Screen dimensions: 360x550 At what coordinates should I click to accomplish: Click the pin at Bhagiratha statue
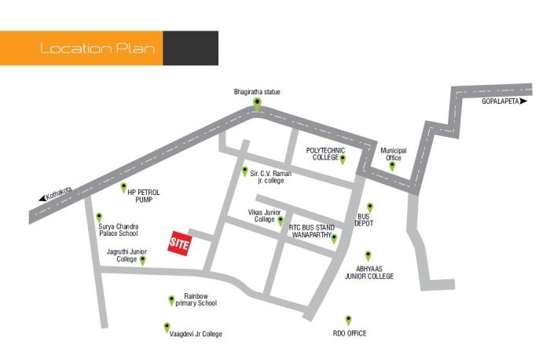(257, 103)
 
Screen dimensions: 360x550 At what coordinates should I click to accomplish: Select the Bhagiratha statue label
(257, 92)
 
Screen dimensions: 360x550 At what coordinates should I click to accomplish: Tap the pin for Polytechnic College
(343, 159)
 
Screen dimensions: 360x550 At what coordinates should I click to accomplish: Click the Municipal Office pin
(392, 166)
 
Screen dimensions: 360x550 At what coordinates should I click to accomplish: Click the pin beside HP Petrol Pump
(123, 187)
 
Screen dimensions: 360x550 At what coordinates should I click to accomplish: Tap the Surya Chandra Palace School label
(118, 230)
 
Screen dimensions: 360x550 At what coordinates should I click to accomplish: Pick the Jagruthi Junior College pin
(142, 260)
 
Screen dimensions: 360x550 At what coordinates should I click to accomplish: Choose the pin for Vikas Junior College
(280, 221)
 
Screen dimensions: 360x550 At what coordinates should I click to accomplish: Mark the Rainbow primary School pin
(171, 299)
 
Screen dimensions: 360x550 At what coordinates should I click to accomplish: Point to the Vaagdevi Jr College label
(196, 334)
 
